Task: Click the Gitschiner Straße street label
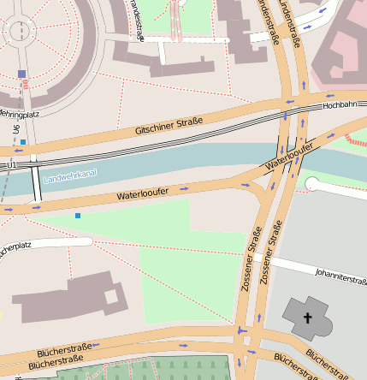pos(169,127)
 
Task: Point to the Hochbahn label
pos(339,105)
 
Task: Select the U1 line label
pos(11,163)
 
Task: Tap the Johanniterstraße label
pos(340,276)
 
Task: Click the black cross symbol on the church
pos(307,318)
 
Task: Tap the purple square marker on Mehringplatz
pos(21,74)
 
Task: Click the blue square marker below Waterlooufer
pos(78,216)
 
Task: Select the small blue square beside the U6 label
pos(23,141)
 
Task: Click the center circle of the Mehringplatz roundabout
pos(17,31)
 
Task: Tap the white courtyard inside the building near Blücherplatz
pos(110,297)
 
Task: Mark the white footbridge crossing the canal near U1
pos(36,183)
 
